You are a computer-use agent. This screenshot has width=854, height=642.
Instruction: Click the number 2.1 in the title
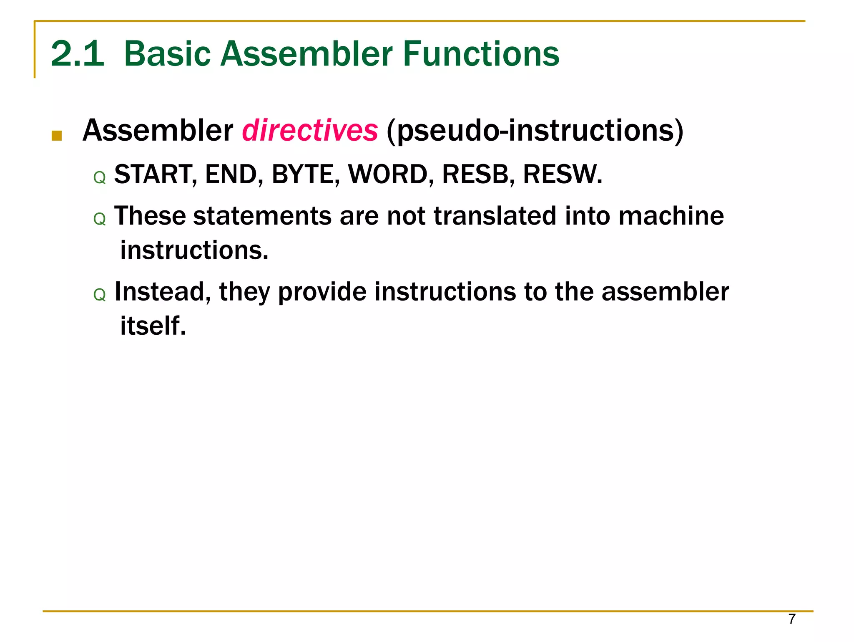pos(78,54)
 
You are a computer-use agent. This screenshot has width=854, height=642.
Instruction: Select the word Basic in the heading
pos(168,54)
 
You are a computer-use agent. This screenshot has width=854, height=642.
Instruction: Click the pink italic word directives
pos(310,131)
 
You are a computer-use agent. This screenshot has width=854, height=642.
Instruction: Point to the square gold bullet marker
pos(57,136)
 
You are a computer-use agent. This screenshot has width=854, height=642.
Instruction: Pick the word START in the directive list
pos(153,174)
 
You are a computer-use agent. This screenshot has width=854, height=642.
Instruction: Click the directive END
pos(231,174)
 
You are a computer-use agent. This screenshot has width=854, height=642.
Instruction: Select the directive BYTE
pos(302,174)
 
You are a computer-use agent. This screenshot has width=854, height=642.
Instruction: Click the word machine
pos(671,216)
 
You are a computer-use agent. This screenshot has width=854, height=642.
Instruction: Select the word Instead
pos(160,292)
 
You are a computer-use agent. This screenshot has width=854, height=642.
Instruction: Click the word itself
pos(153,326)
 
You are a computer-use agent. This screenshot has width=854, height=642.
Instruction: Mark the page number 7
pos(792,619)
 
